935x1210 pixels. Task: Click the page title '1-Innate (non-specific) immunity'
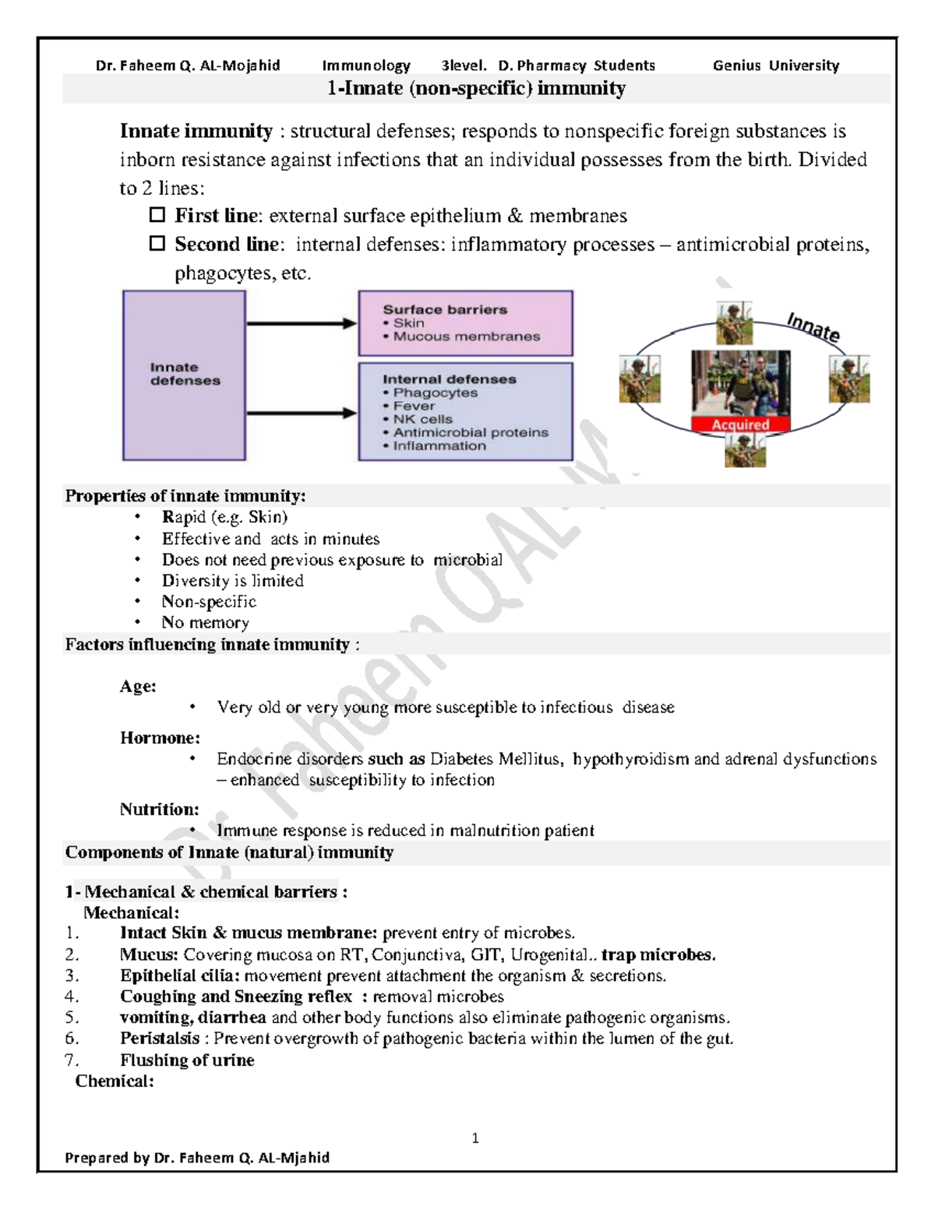[x=476, y=89]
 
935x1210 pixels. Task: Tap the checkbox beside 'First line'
[x=157, y=214]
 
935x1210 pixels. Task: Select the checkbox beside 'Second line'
[x=157, y=243]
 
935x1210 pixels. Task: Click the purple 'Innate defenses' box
[x=185, y=375]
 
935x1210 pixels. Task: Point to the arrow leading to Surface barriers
[x=301, y=323]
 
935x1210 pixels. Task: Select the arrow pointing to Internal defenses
[x=301, y=413]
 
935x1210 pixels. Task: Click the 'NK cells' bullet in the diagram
[x=422, y=419]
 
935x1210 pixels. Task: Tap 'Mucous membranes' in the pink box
[x=466, y=337]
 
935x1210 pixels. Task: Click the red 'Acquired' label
[x=740, y=425]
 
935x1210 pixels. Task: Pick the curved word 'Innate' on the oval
[x=813, y=327]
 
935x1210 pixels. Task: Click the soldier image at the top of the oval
[x=734, y=323]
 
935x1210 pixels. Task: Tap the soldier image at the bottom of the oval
[x=745, y=450]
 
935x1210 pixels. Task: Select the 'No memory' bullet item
[x=205, y=623]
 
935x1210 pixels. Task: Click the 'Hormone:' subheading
[x=160, y=738]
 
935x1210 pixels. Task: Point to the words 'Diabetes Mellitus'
[x=496, y=759]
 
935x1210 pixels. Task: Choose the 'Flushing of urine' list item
[x=187, y=1060]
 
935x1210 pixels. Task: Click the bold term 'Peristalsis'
[x=160, y=1039]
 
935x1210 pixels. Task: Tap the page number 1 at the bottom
[x=475, y=1138]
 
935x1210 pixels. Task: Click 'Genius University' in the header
[x=775, y=65]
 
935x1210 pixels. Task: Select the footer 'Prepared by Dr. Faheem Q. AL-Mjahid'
[x=197, y=1158]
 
